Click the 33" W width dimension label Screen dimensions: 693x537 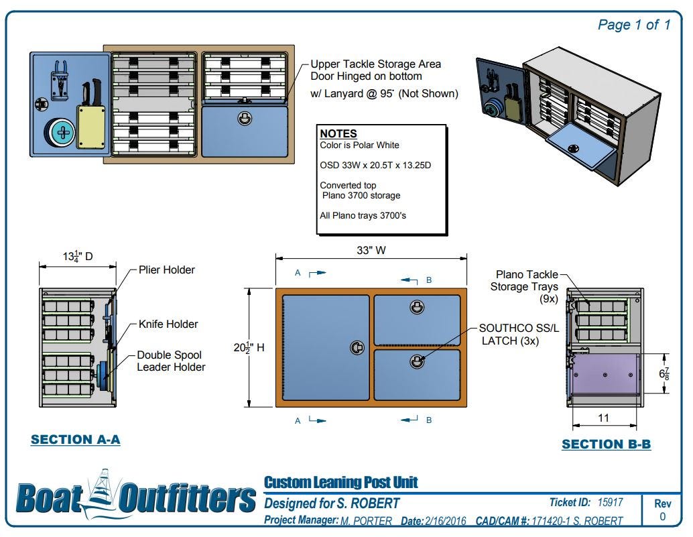(371, 250)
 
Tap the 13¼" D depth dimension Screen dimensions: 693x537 (78, 256)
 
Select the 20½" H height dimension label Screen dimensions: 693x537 (249, 348)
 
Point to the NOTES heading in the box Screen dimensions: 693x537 (338, 133)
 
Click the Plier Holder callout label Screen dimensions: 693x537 (167, 270)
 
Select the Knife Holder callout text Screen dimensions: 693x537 (168, 324)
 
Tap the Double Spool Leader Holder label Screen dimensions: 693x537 (171, 361)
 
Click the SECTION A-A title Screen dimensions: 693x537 (76, 440)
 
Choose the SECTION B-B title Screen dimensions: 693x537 (607, 444)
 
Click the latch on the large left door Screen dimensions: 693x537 (357, 348)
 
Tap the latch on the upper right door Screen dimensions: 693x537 (417, 307)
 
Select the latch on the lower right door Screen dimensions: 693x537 (417, 362)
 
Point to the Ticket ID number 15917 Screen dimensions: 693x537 (610, 502)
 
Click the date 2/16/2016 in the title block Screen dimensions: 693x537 (446, 521)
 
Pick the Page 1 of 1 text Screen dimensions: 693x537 (634, 25)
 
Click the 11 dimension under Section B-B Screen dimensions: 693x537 (603, 418)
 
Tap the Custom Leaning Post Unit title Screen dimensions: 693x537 (340, 482)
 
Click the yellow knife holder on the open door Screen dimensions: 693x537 (91, 126)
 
